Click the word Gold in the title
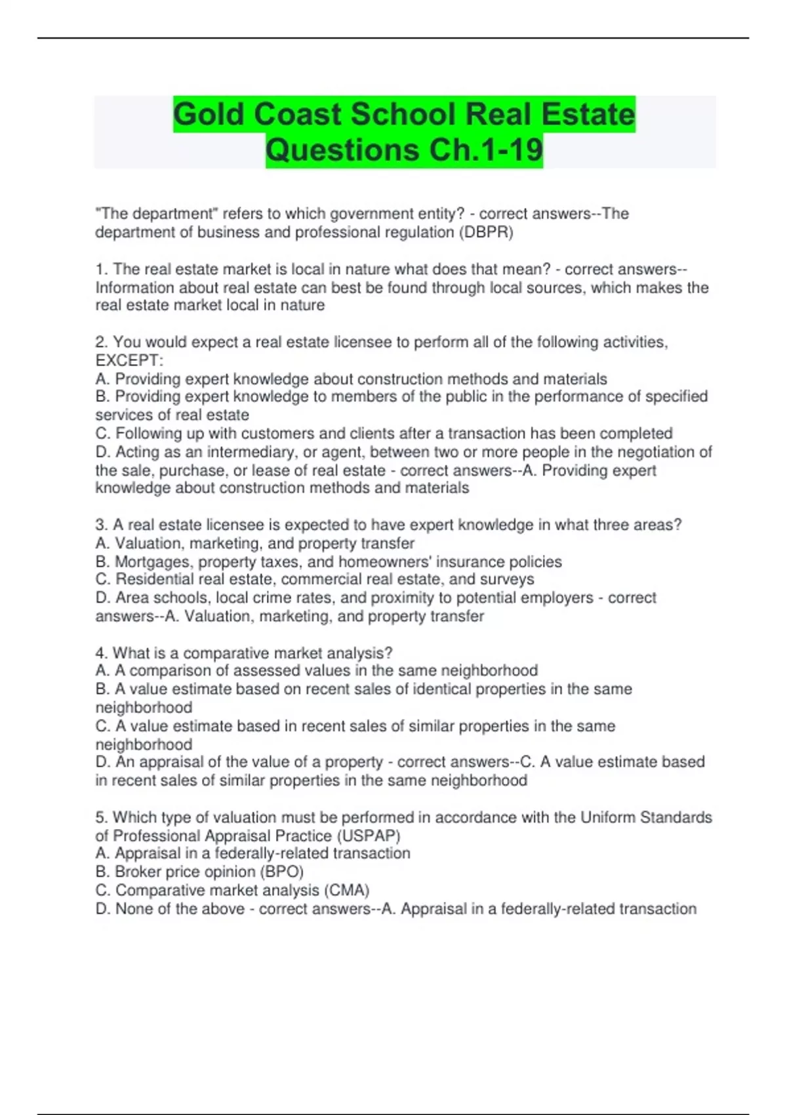pos(209,115)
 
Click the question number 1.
pos(101,270)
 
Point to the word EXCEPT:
pos(129,361)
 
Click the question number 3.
pos(101,525)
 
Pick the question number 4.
pos(101,653)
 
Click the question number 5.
pos(101,817)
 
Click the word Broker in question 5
pos(137,872)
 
